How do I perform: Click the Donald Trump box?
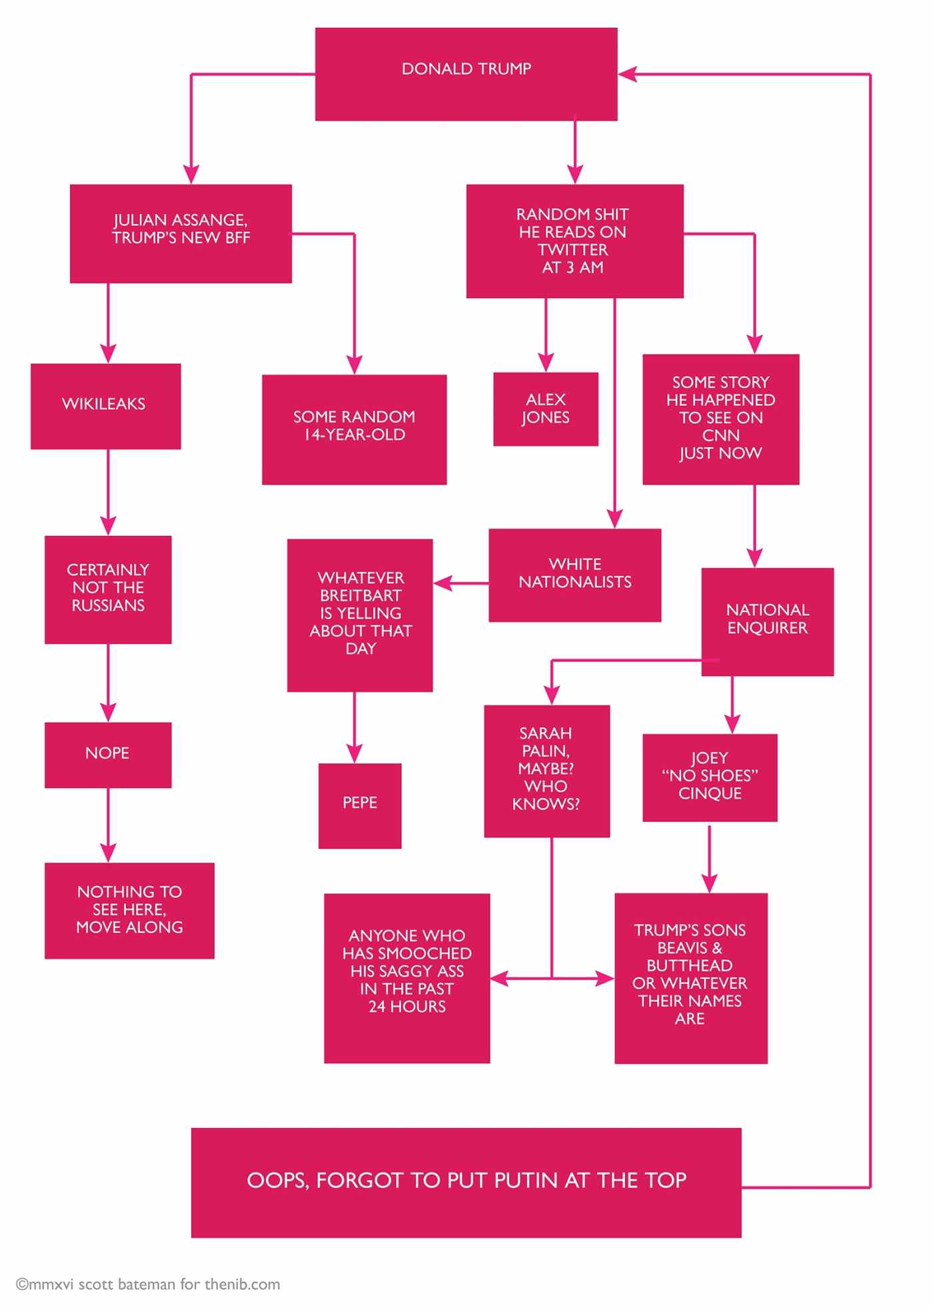click(x=466, y=73)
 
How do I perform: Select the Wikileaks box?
click(x=105, y=405)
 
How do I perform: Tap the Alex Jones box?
click(x=545, y=409)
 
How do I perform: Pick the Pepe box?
click(x=359, y=805)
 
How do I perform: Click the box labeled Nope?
click(x=107, y=754)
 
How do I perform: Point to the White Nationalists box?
click(x=574, y=575)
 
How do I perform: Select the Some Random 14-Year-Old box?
click(x=354, y=429)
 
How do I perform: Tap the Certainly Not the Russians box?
click(x=107, y=589)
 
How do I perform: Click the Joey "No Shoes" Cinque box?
click(x=709, y=777)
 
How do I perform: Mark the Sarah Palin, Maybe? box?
click(x=546, y=770)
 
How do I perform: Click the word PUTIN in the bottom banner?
click(x=527, y=1180)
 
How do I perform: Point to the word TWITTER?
click(x=572, y=250)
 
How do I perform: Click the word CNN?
click(x=720, y=435)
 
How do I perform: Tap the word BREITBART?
click(x=361, y=595)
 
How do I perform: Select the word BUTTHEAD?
click(x=689, y=965)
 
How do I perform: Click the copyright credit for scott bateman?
click(x=148, y=1285)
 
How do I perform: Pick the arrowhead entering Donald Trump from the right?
click(x=628, y=74)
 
